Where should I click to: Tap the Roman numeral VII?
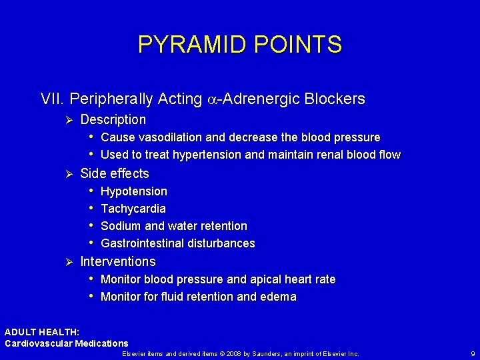[x=53, y=99]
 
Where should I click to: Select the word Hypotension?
[x=134, y=191]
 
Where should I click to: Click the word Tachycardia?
[x=133, y=209]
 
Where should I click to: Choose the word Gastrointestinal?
[x=141, y=243]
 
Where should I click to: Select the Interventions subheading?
[x=118, y=261]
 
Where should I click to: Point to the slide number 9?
[x=472, y=353]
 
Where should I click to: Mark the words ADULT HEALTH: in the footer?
[x=42, y=332]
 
